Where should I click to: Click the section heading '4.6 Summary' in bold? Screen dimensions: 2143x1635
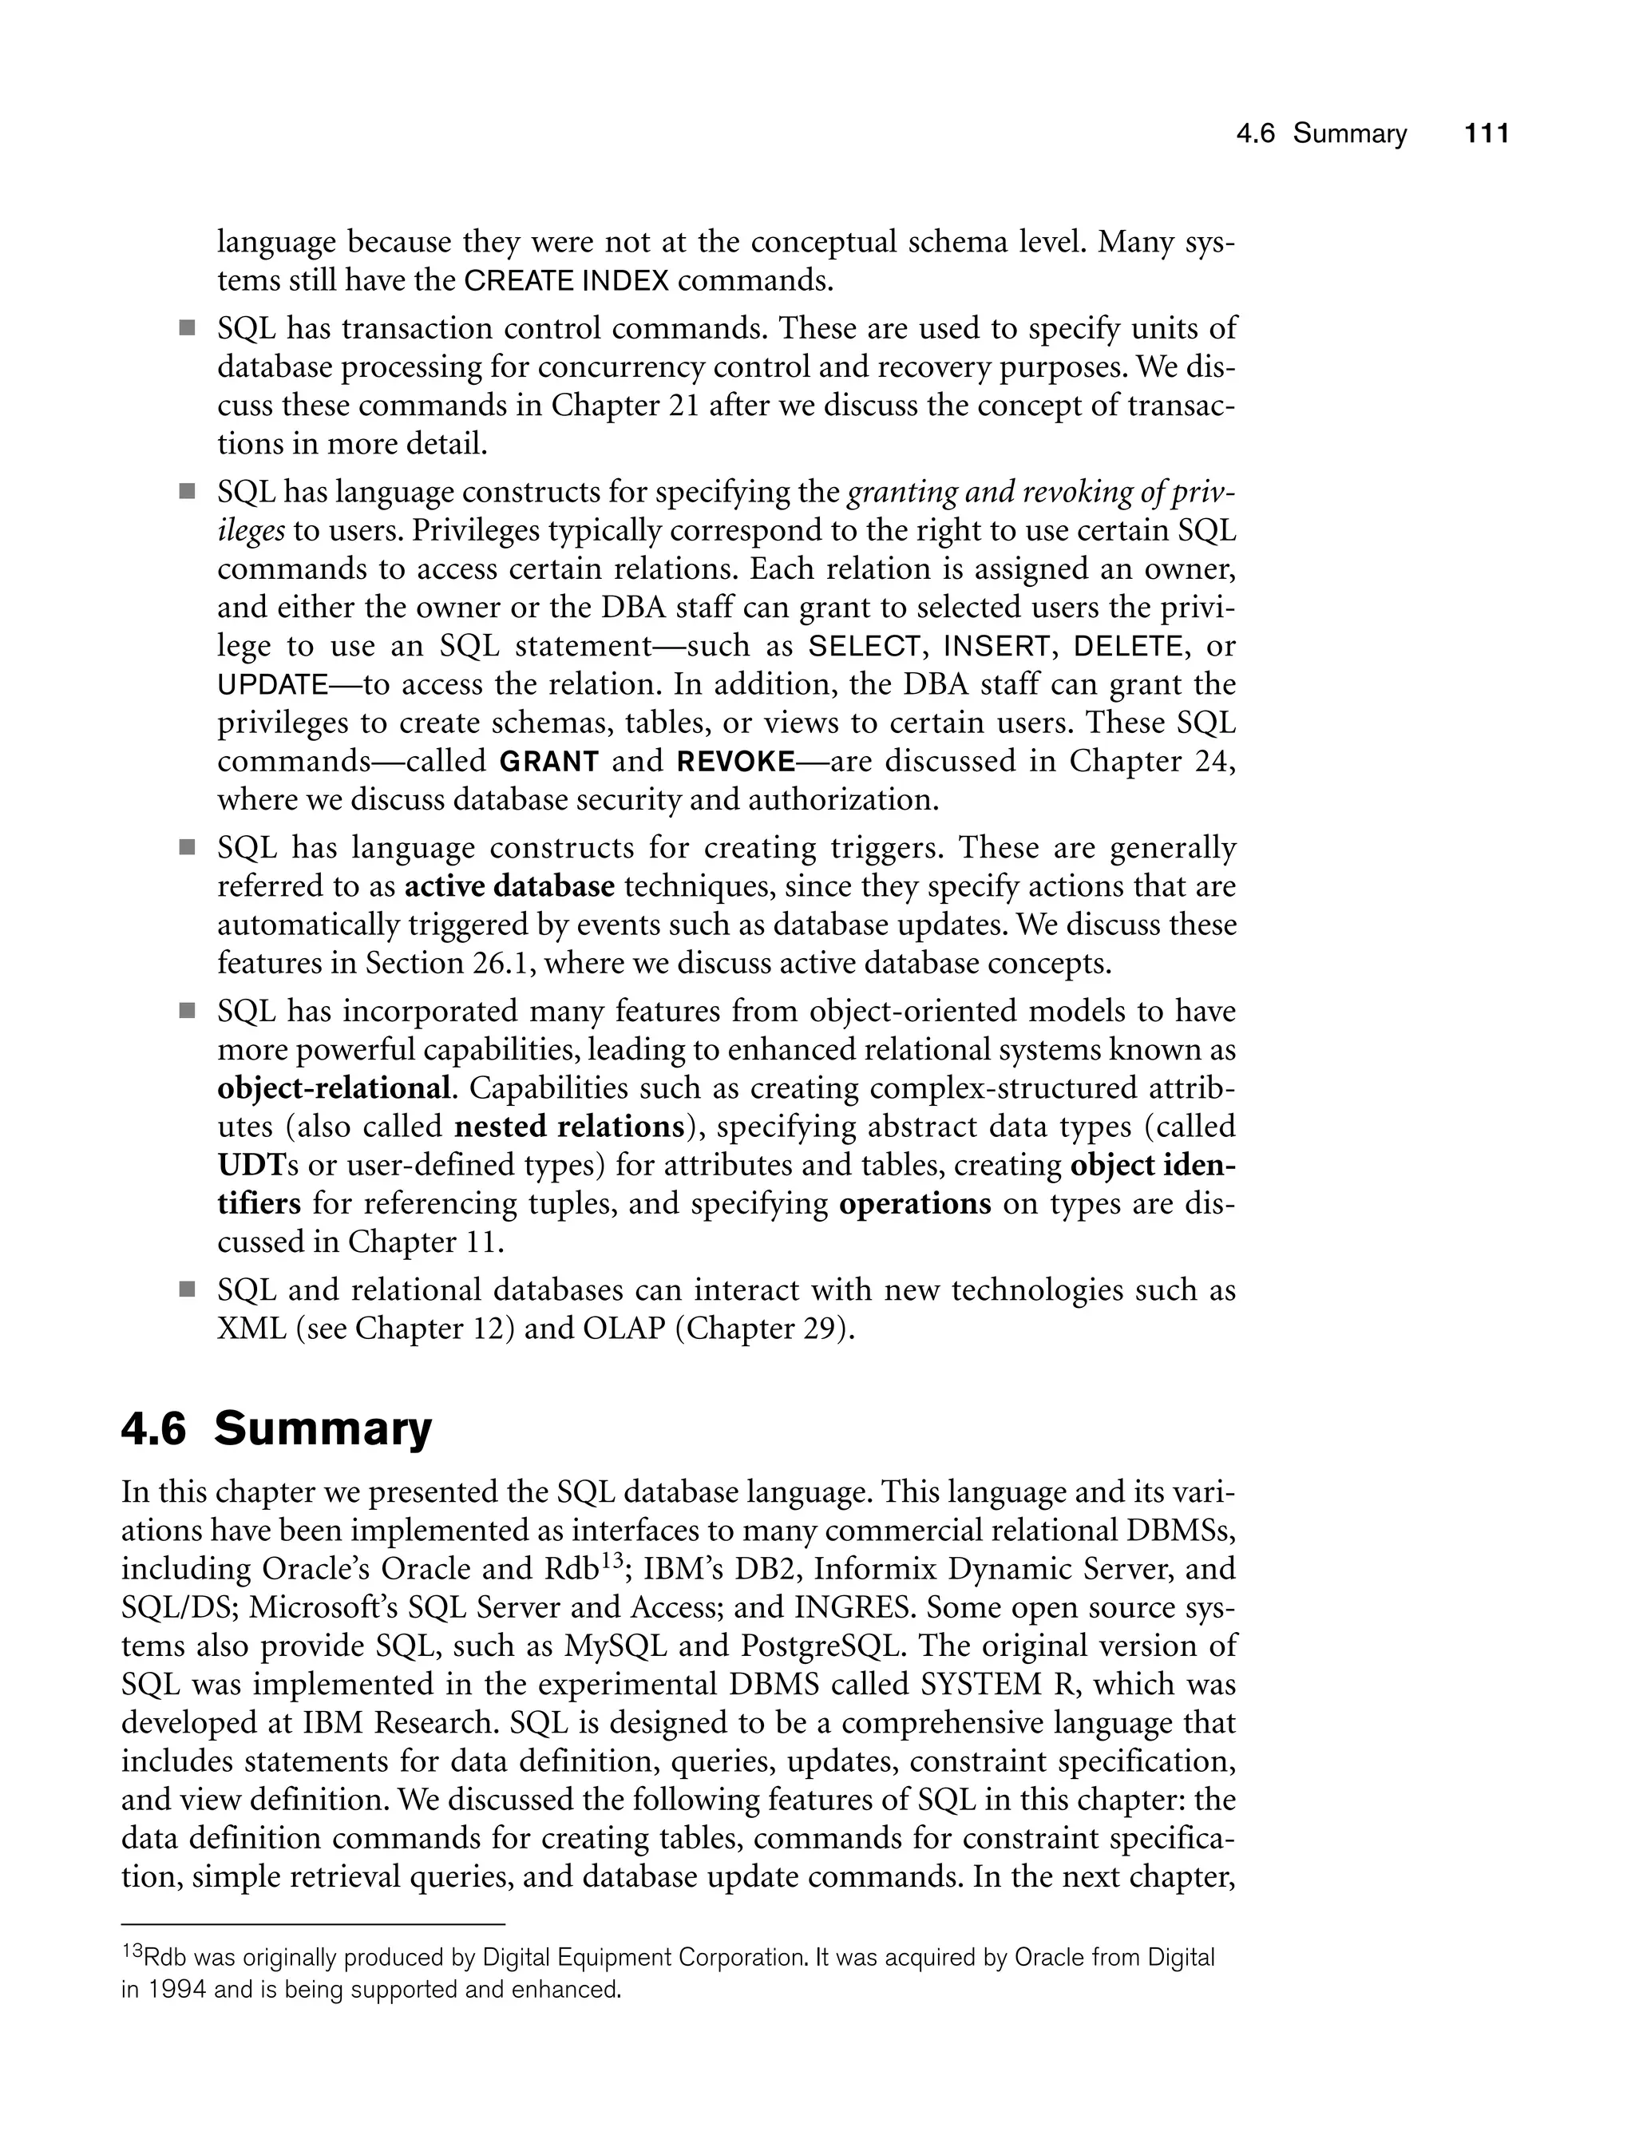(276, 1428)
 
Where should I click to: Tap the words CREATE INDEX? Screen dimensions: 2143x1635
(566, 281)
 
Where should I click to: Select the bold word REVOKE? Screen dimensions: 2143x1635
(736, 761)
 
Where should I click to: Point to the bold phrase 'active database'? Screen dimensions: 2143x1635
(509, 886)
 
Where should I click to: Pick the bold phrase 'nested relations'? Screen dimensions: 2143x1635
(569, 1126)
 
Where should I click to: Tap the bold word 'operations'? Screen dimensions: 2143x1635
(914, 1203)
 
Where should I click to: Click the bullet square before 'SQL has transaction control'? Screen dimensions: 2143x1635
(187, 328)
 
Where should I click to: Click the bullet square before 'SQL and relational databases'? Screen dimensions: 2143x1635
(187, 1290)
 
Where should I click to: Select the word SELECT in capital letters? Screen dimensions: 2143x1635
(865, 646)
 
